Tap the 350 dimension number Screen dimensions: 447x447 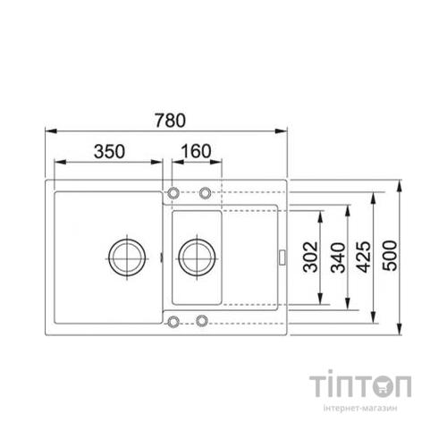coord(108,149)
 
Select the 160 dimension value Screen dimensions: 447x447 coord(196,149)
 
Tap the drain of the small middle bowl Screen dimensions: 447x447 coord(194,256)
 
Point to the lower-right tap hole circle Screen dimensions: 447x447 coord(203,320)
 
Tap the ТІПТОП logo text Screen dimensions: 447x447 coord(360,388)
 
